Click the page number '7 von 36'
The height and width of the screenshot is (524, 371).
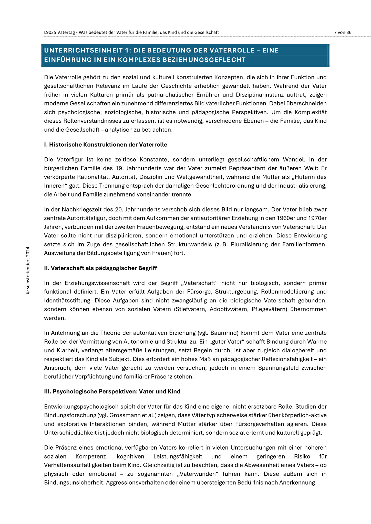[343, 32]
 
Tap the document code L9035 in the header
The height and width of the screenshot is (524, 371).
[50, 32]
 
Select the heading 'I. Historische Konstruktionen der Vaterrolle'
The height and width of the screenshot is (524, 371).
[106, 145]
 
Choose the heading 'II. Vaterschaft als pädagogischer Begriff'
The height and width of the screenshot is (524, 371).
[100, 268]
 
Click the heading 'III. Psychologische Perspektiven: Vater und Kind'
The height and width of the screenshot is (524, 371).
[112, 391]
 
